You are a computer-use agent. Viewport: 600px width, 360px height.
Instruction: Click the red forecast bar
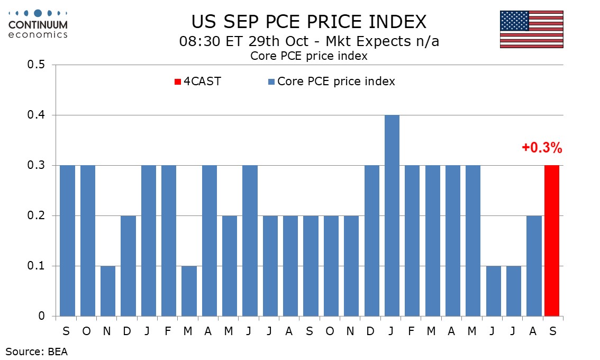click(x=552, y=240)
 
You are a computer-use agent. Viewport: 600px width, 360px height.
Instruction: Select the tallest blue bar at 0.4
click(x=392, y=215)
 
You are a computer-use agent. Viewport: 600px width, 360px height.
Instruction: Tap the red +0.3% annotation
click(x=542, y=148)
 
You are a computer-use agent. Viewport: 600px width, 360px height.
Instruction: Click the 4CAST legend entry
click(x=198, y=81)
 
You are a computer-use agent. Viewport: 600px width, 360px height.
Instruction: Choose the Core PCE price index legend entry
click(x=332, y=81)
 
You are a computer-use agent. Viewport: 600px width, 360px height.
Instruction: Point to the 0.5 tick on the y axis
click(x=36, y=65)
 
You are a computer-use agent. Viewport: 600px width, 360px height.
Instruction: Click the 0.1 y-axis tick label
click(x=36, y=266)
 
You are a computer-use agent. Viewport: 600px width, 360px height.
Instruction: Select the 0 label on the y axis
click(x=41, y=316)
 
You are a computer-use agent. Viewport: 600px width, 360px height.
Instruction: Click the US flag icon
click(x=532, y=29)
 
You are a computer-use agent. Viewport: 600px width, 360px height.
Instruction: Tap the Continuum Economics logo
click(x=38, y=24)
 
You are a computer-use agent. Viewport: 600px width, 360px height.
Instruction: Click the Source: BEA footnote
click(x=37, y=351)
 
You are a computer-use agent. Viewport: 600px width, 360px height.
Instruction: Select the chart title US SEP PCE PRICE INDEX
click(x=309, y=22)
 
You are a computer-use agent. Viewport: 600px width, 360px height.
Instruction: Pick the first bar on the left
click(x=68, y=240)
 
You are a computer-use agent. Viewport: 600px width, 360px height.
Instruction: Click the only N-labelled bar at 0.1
click(x=108, y=291)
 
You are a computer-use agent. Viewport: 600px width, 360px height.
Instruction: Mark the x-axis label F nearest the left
click(x=168, y=331)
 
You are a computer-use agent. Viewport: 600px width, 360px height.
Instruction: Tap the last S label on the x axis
click(x=552, y=331)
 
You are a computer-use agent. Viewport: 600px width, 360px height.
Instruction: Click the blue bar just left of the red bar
click(x=534, y=266)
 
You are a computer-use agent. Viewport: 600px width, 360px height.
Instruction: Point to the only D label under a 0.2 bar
click(x=127, y=331)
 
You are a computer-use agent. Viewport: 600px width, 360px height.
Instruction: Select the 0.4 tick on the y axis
click(x=36, y=115)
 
